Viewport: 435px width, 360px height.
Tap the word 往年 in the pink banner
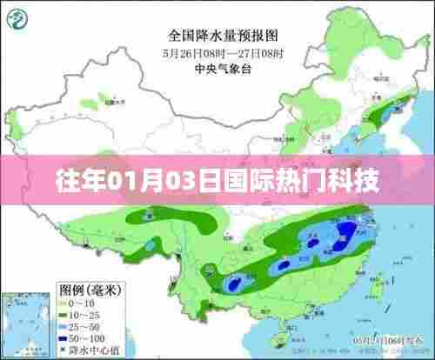click(74, 181)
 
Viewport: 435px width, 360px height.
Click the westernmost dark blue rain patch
click(234, 282)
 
